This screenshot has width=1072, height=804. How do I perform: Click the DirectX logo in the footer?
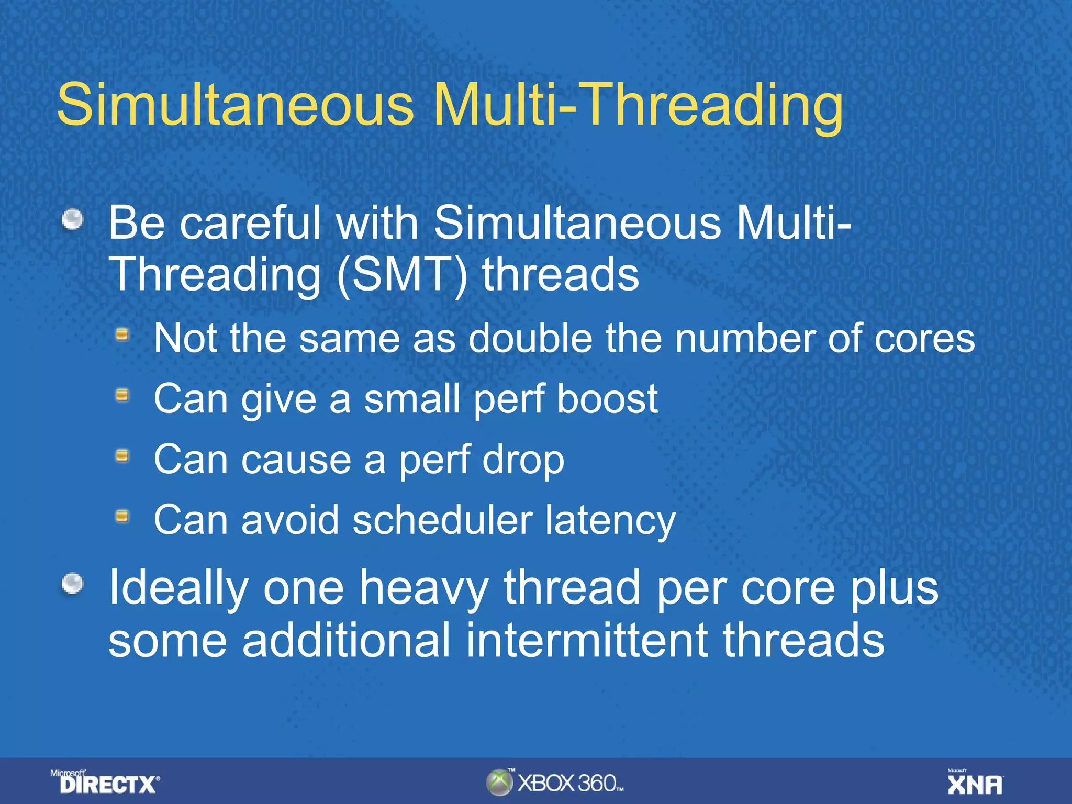tap(107, 784)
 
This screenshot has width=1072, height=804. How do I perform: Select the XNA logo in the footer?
tap(975, 784)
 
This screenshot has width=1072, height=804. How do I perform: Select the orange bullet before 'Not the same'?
tap(122, 334)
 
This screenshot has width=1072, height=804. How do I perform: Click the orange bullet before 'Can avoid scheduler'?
tap(122, 517)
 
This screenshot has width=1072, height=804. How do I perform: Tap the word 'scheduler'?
tap(442, 520)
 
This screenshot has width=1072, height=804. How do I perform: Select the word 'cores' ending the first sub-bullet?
tap(925, 339)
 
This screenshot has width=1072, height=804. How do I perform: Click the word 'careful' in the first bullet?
tap(250, 223)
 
